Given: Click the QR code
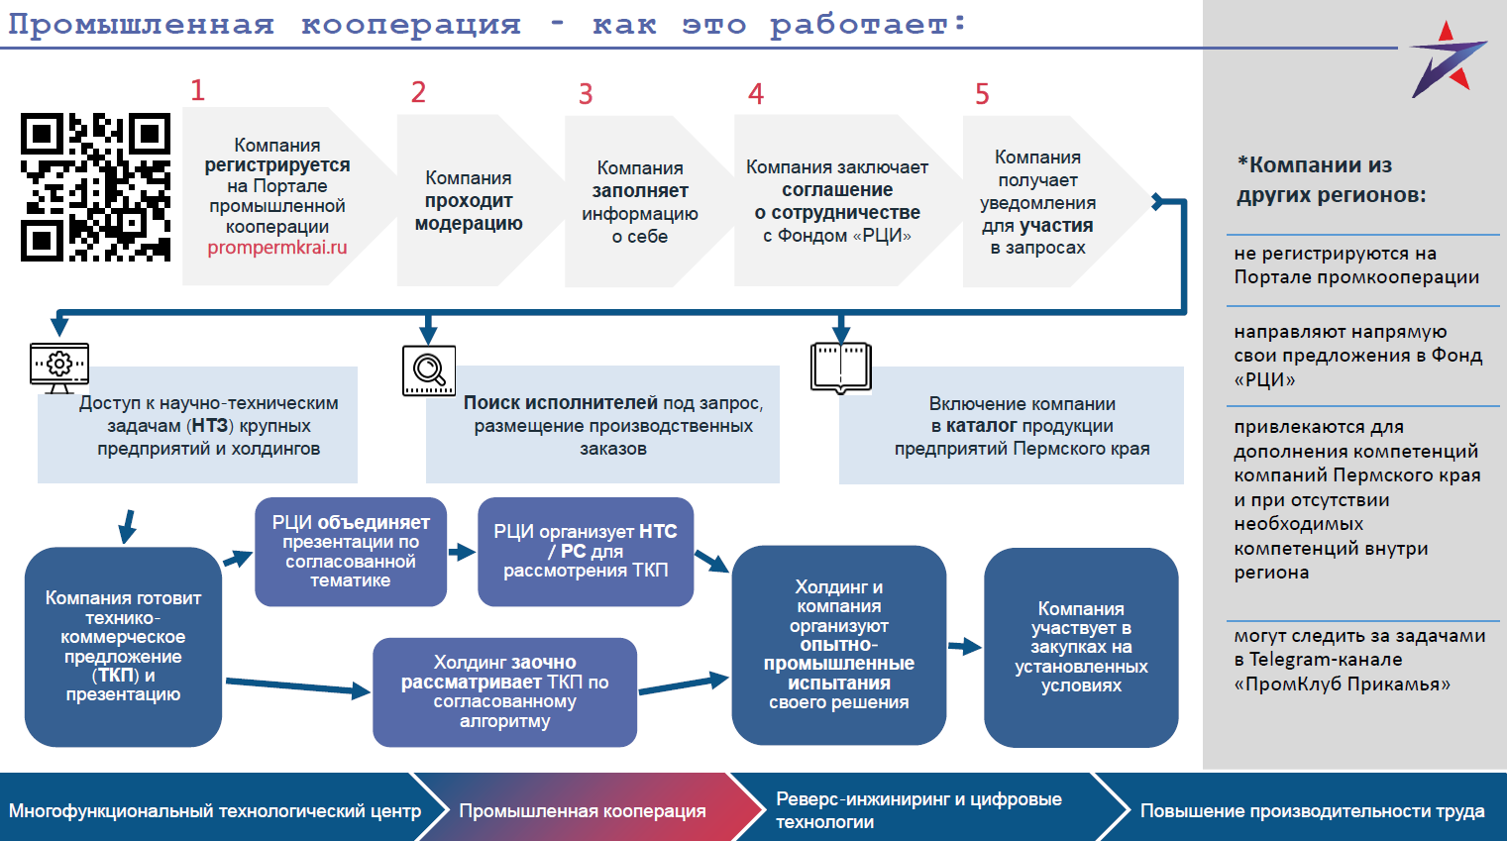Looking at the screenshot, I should [95, 187].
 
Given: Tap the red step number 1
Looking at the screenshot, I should [197, 91].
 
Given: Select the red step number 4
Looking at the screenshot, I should [756, 94].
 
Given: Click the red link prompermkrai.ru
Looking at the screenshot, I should [277, 248].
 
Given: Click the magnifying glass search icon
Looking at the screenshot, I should [429, 370].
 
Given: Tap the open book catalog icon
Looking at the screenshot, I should [840, 368].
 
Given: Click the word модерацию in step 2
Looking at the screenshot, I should [469, 224].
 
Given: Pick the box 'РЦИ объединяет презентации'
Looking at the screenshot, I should [351, 552].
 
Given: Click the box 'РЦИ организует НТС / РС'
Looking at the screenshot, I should [586, 552].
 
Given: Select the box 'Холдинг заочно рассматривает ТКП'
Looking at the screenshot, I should [504, 691].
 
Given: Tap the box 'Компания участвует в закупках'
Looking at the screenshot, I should [1081, 647].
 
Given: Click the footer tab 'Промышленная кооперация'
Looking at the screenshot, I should [583, 811].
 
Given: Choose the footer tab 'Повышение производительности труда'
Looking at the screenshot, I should [1312, 811].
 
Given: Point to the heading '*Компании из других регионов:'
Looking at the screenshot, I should [1331, 179].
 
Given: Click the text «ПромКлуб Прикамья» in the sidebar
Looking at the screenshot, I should [1342, 684].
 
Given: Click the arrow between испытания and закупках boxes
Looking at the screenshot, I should [964, 647].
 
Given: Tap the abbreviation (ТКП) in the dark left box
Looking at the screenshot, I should [116, 676].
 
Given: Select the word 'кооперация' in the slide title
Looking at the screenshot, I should [411, 24].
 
